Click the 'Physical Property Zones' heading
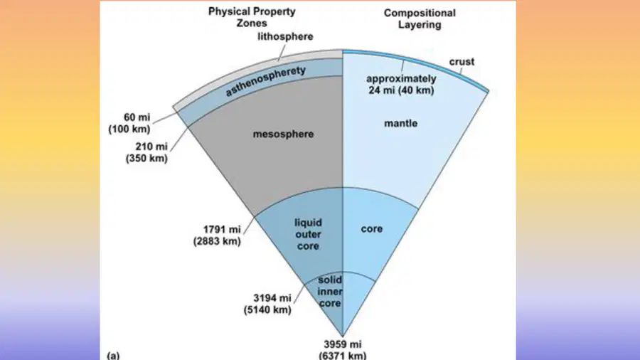coord(252,17)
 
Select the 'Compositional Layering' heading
coord(420,18)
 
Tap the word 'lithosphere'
coord(285,37)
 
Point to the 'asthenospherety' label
coord(266,80)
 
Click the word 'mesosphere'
coord(283,134)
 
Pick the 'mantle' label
coord(401,123)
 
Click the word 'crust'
coord(462,62)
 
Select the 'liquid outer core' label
coord(308,234)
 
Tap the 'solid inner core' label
coord(330,292)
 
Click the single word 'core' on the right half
coord(372,229)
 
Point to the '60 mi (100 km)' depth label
coord(129,123)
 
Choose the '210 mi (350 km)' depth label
coord(146,152)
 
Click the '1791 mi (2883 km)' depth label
coord(217,235)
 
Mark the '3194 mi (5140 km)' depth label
coord(267,304)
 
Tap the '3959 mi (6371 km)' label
coord(343,350)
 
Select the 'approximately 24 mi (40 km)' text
coord(401,85)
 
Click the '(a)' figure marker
coord(113,355)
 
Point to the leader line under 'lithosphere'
coord(282,52)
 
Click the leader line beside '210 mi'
coord(179,139)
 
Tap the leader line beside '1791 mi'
coord(250,226)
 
